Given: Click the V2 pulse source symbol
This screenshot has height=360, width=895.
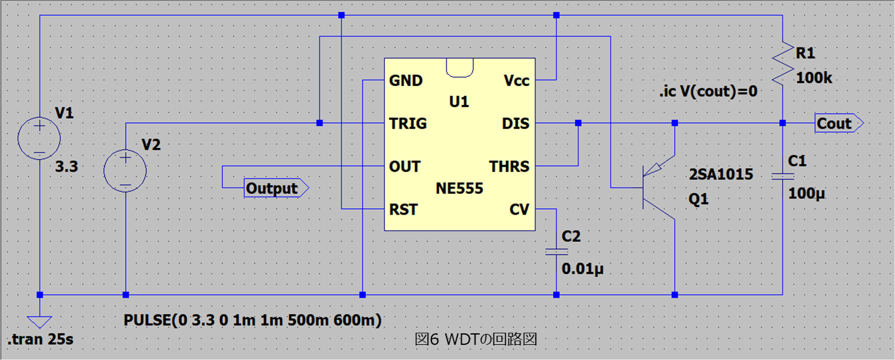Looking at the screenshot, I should [x=125, y=171].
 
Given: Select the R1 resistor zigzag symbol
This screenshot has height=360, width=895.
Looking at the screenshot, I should [x=782, y=64].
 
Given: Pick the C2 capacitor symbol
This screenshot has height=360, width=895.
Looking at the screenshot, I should [x=556, y=252].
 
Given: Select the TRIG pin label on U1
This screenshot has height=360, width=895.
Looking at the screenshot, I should [x=408, y=124].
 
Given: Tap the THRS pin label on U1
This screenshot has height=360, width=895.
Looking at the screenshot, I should [x=509, y=167].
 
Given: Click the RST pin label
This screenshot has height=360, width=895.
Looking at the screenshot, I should [x=403, y=210].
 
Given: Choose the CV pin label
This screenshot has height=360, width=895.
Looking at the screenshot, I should [x=519, y=210].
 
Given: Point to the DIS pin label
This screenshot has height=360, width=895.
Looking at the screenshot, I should [x=516, y=124].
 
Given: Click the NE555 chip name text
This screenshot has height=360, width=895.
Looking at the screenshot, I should [x=459, y=188].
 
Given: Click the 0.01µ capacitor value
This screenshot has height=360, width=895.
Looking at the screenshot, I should [x=582, y=268].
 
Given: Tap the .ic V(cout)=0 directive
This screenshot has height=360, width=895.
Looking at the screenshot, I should [x=708, y=92].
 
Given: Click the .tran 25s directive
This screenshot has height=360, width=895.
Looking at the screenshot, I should [x=41, y=339].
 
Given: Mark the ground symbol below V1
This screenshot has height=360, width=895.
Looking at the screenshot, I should [x=39, y=321].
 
